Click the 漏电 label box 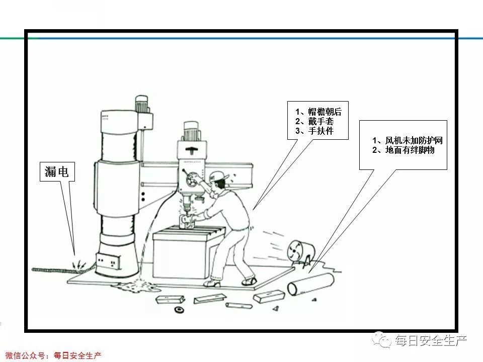tap(57, 172)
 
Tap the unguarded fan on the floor tap(300, 250)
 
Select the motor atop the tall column tap(142, 104)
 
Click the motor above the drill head tap(191, 131)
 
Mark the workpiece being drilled tap(186, 221)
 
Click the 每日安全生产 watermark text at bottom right tap(431, 341)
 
